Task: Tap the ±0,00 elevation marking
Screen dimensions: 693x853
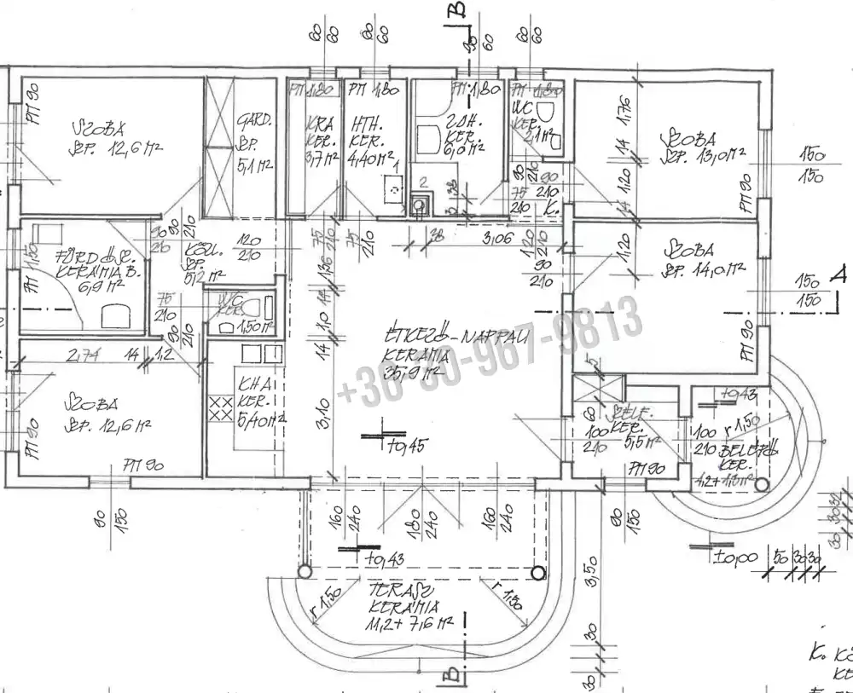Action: tap(735, 558)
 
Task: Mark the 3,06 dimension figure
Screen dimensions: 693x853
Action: tap(497, 240)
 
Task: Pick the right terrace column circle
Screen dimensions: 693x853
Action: tap(538, 573)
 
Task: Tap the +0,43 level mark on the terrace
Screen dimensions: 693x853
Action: tap(382, 559)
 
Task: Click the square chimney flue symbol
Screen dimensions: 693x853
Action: tap(419, 204)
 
